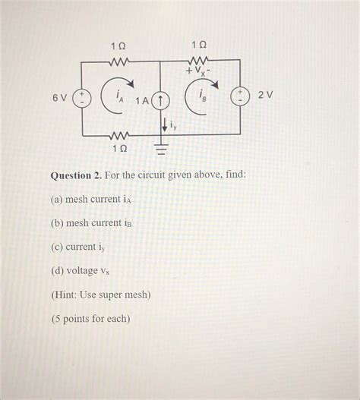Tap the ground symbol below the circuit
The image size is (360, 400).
(x=160, y=149)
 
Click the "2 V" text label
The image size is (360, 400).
(x=264, y=96)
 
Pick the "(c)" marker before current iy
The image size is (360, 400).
(x=57, y=247)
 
